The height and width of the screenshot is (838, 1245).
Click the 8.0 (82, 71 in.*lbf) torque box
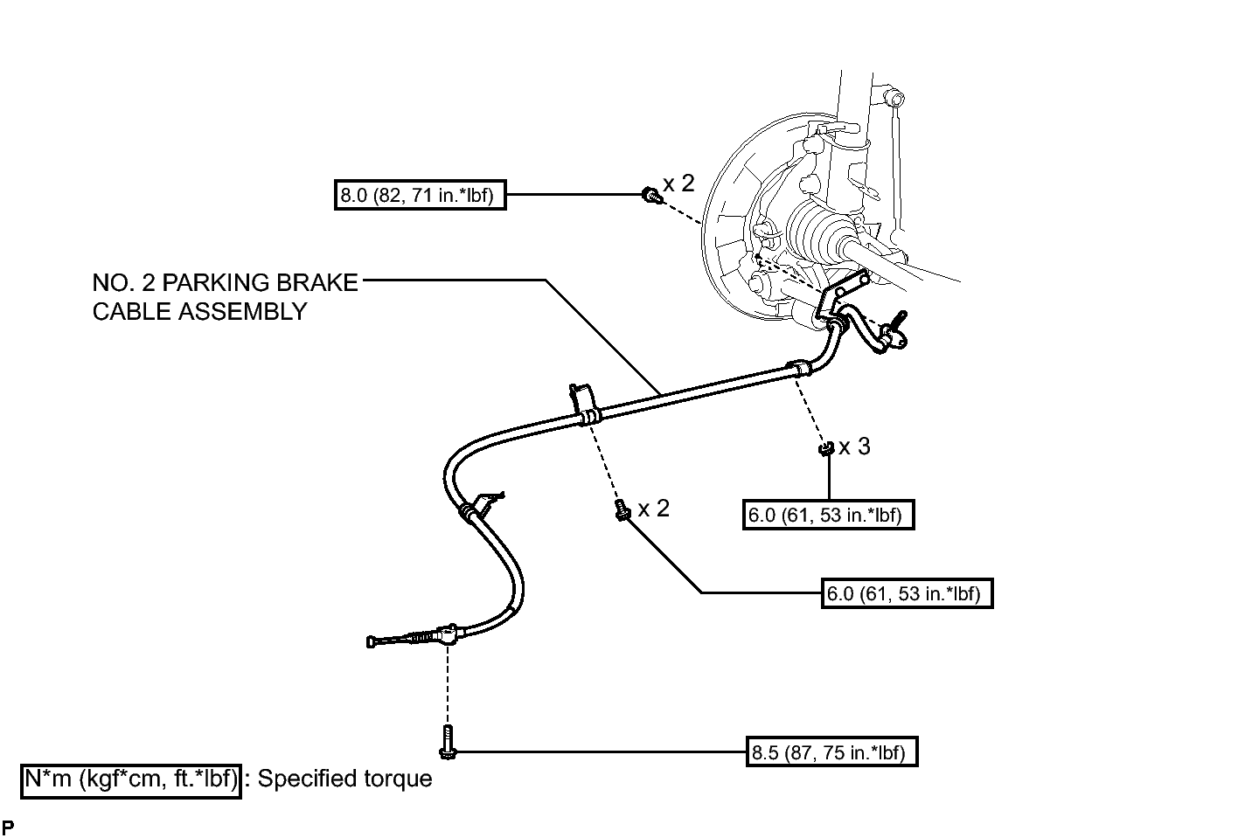point(420,195)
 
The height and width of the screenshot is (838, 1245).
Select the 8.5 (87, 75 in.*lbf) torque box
point(831,751)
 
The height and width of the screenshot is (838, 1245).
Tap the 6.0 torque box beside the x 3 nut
point(828,515)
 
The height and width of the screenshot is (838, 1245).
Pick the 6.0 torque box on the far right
point(907,593)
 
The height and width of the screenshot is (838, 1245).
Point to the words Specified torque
point(344,779)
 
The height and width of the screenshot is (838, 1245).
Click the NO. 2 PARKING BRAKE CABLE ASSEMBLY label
point(225,297)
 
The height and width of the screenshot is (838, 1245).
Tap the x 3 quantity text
point(854,447)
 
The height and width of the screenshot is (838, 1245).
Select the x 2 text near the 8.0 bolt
point(678,184)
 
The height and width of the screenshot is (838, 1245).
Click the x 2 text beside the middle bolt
point(654,509)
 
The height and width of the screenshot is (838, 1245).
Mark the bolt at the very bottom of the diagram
point(448,742)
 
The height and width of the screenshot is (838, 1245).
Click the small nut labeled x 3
point(826,448)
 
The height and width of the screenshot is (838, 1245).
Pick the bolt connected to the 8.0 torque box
point(652,196)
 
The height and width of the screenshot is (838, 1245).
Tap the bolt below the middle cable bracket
point(622,509)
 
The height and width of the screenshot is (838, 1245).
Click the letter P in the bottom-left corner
point(8,827)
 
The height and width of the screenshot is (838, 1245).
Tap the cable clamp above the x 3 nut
point(799,368)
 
